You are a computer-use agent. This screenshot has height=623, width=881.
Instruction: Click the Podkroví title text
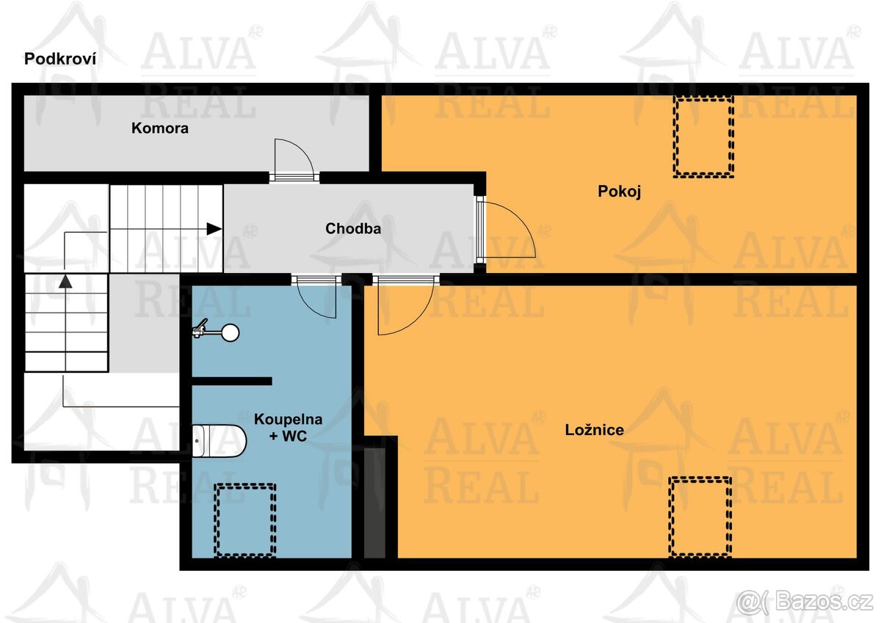(60, 59)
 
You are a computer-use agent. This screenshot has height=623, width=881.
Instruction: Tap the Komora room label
(160, 128)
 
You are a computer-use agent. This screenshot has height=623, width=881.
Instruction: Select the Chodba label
(353, 228)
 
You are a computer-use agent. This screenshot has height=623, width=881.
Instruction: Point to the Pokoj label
(620, 192)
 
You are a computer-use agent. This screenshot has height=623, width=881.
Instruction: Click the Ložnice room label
(595, 430)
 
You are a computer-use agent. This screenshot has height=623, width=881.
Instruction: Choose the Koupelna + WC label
(289, 428)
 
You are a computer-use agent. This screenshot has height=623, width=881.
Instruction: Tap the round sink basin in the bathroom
(231, 333)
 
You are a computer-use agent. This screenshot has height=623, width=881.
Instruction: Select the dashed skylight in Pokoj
(704, 136)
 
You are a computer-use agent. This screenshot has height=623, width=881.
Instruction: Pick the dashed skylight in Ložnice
(700, 516)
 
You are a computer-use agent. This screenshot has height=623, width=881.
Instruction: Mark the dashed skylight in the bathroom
(244, 520)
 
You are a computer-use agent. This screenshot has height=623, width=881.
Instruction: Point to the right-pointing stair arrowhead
(214, 229)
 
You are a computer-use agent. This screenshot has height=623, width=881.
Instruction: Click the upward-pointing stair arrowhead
(66, 280)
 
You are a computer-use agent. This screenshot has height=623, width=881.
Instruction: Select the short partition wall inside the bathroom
(232, 381)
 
